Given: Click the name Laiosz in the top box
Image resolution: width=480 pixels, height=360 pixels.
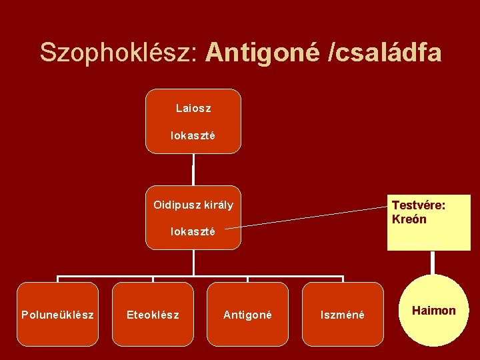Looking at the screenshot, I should (193, 107).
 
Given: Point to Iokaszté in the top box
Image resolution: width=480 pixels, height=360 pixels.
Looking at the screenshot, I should (193, 135).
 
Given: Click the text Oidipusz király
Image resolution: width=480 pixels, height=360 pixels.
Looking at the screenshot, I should (193, 205).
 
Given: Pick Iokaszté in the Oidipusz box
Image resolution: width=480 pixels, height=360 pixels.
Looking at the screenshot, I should (193, 232).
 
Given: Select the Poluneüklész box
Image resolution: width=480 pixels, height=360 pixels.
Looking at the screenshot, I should (57, 315).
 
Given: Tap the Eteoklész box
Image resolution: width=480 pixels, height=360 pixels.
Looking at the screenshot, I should (153, 315).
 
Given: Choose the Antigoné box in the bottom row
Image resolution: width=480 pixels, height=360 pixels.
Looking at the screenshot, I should (247, 315).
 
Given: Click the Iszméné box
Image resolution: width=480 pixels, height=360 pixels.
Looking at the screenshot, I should (343, 315).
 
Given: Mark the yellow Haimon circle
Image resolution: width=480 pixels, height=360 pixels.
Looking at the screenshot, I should (434, 311).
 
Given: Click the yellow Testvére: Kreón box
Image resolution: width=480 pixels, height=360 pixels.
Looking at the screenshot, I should (429, 223).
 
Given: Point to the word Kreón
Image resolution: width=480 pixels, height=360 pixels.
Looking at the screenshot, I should (409, 219).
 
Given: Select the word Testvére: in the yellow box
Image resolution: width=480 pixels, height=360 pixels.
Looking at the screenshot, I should (418, 206).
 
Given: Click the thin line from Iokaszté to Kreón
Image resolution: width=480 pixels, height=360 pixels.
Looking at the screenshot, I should (307, 219).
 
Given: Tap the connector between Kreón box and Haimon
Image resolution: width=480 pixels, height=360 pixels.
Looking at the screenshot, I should (433, 262).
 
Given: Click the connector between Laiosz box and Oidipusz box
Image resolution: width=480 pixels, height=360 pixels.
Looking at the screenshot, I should (193, 169).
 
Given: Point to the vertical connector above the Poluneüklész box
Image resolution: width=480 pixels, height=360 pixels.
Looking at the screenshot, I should (57, 279).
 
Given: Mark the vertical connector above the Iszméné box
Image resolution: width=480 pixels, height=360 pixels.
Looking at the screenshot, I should (343, 279).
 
